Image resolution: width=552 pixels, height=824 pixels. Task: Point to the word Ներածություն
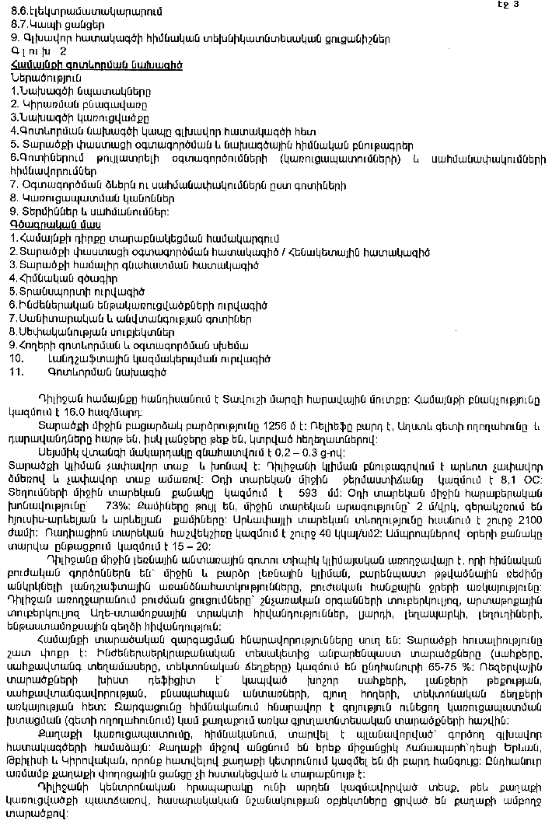(x=46, y=79)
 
